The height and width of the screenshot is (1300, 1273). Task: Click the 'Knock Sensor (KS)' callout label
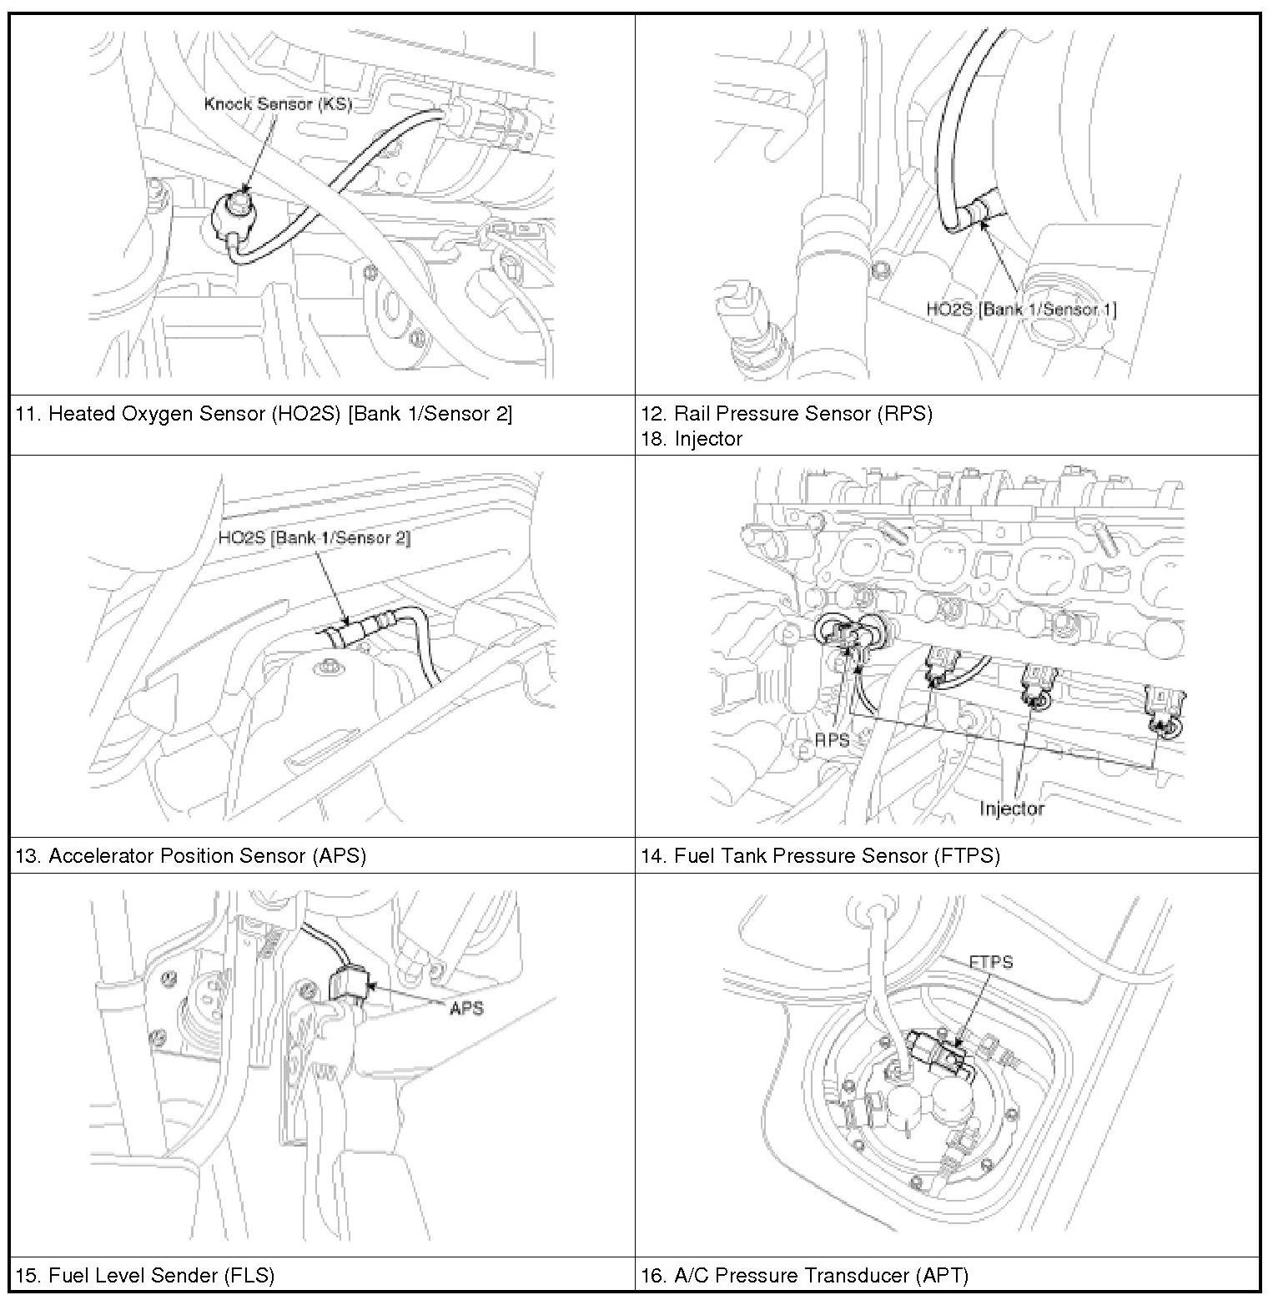click(x=279, y=104)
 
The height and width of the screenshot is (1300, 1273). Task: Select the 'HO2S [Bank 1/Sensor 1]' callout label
click(x=1021, y=309)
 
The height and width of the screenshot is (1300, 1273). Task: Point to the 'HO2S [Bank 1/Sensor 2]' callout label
click(x=314, y=537)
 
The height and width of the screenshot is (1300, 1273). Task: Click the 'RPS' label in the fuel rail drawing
click(x=832, y=739)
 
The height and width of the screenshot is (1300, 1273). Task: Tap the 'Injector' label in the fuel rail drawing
click(x=1011, y=808)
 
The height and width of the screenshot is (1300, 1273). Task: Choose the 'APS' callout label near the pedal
click(x=465, y=1008)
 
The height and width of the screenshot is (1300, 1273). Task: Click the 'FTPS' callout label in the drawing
click(x=991, y=961)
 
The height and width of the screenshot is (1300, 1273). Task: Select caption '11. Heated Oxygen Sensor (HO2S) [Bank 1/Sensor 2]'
click(x=264, y=414)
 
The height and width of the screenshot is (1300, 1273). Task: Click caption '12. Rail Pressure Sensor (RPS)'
click(x=786, y=414)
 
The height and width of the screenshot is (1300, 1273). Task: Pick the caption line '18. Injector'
click(x=692, y=439)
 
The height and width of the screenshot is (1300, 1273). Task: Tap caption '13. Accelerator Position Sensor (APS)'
click(x=191, y=855)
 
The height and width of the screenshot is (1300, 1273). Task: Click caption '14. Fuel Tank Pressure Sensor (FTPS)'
click(x=820, y=855)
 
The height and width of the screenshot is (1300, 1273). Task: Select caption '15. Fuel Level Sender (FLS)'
click(x=145, y=1275)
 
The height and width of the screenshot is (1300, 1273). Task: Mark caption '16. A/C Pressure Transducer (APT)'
click(x=804, y=1275)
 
